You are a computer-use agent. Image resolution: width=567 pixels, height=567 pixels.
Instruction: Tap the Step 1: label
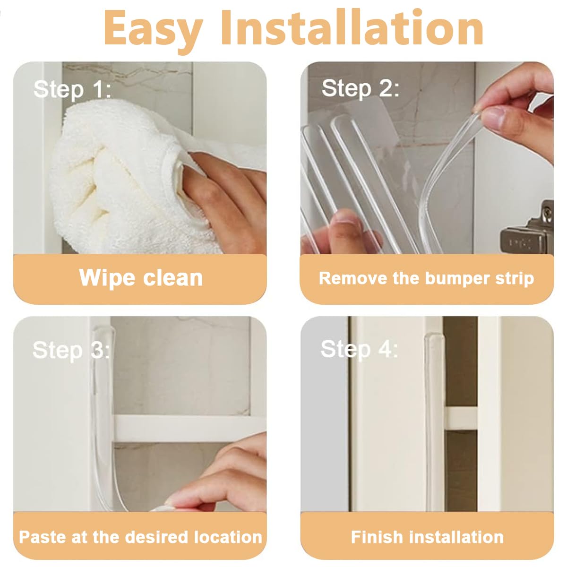pyautogui.click(x=72, y=90)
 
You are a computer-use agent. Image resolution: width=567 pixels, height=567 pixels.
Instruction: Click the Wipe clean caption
pyautogui.click(x=141, y=278)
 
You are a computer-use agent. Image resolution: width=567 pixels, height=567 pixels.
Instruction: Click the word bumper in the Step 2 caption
pyautogui.click(x=458, y=279)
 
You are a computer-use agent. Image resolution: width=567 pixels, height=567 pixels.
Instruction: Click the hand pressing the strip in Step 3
pyautogui.click(x=218, y=477)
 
